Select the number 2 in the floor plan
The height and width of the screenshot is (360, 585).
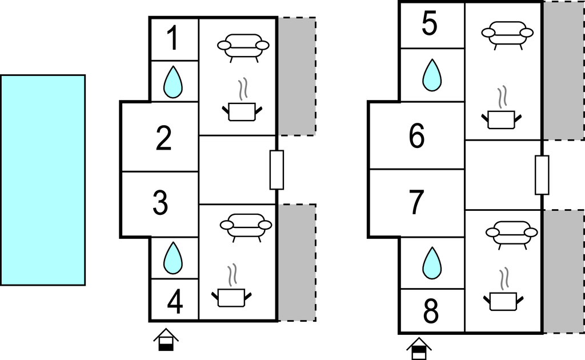click(x=164, y=138)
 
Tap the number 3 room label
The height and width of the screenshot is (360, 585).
click(x=161, y=202)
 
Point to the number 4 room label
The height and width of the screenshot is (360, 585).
click(x=175, y=302)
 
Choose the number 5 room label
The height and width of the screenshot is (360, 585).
click(x=430, y=25)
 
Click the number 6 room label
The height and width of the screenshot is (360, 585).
click(x=417, y=136)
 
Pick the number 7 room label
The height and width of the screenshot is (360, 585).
click(x=416, y=202)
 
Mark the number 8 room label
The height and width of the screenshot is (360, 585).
click(x=431, y=312)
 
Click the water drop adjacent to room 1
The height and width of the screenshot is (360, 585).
click(x=173, y=81)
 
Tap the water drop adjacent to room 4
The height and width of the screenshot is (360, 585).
click(x=173, y=258)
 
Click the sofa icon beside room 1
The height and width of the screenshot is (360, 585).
click(x=243, y=46)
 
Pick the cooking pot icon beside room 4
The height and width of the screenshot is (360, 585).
click(x=231, y=293)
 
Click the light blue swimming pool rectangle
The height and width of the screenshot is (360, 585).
click(x=43, y=179)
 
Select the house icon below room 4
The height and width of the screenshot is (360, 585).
click(x=166, y=339)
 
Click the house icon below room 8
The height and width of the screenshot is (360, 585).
click(x=419, y=349)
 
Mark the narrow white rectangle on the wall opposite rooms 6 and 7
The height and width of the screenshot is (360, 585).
click(x=542, y=175)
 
